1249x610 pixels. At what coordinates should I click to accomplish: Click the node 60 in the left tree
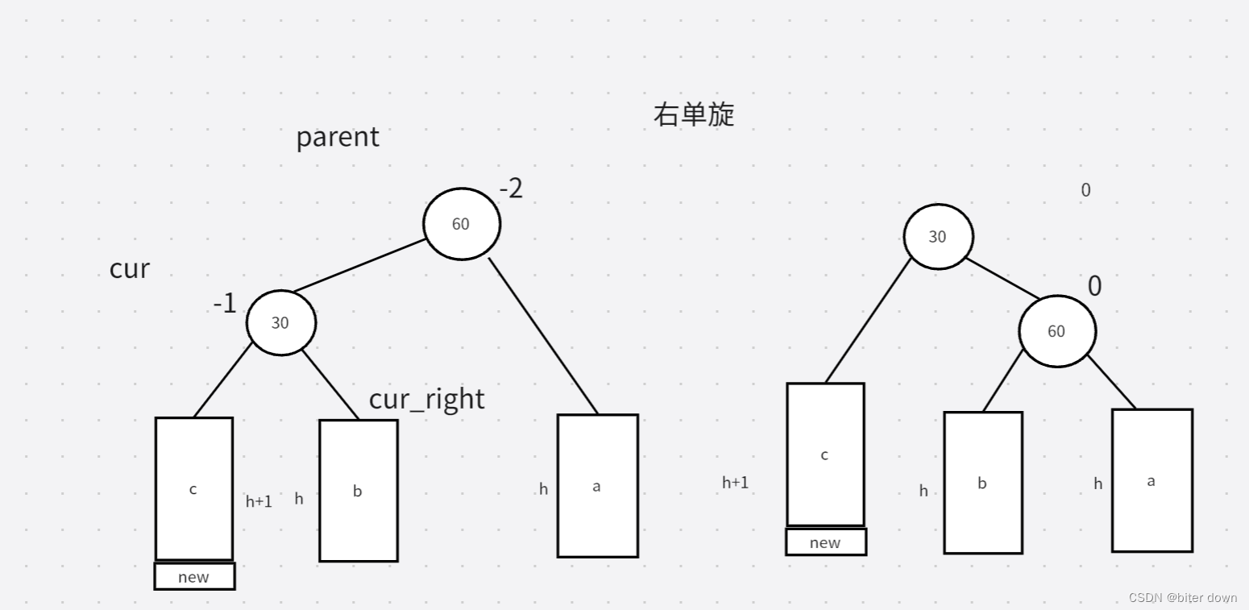pyautogui.click(x=461, y=223)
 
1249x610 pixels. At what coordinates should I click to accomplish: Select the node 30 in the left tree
pyautogui.click(x=280, y=322)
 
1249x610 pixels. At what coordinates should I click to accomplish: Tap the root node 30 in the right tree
pyautogui.click(x=937, y=237)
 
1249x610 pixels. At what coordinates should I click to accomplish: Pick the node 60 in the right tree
pyautogui.click(x=1056, y=331)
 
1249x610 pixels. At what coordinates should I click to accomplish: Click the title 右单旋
pyautogui.click(x=694, y=114)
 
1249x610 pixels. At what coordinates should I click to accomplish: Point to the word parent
pyautogui.click(x=338, y=137)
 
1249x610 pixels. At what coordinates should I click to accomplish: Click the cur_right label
pyautogui.click(x=426, y=399)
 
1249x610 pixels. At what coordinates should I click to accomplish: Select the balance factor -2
pyautogui.click(x=511, y=189)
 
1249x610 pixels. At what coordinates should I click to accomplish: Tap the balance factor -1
pyautogui.click(x=225, y=304)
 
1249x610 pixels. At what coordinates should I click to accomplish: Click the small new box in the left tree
pyautogui.click(x=194, y=577)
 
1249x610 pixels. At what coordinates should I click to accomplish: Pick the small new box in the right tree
pyautogui.click(x=825, y=542)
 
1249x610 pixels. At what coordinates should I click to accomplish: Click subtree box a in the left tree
pyautogui.click(x=597, y=486)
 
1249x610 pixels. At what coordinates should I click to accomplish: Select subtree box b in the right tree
pyautogui.click(x=982, y=483)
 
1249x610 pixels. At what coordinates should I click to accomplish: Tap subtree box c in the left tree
pyautogui.click(x=193, y=489)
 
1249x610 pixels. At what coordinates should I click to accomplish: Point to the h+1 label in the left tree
pyautogui.click(x=259, y=501)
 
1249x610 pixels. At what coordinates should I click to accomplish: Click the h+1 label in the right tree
pyautogui.click(x=735, y=483)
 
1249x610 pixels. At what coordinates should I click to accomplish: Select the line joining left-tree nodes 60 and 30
pyautogui.click(x=359, y=266)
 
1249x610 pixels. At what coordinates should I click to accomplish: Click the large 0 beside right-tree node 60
pyautogui.click(x=1094, y=286)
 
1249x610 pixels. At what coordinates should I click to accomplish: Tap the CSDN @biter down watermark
pyautogui.click(x=1182, y=598)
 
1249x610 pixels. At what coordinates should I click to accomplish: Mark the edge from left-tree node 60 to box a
pyautogui.click(x=543, y=336)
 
